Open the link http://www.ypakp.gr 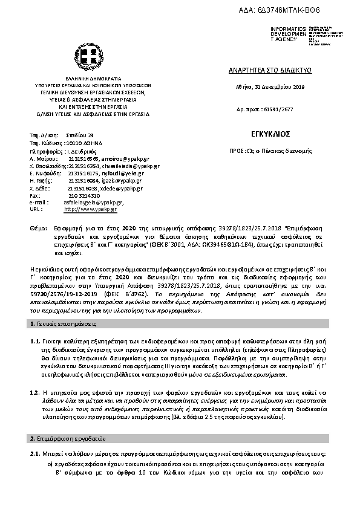click(x=91, y=209)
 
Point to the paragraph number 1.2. click(x=34, y=376)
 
